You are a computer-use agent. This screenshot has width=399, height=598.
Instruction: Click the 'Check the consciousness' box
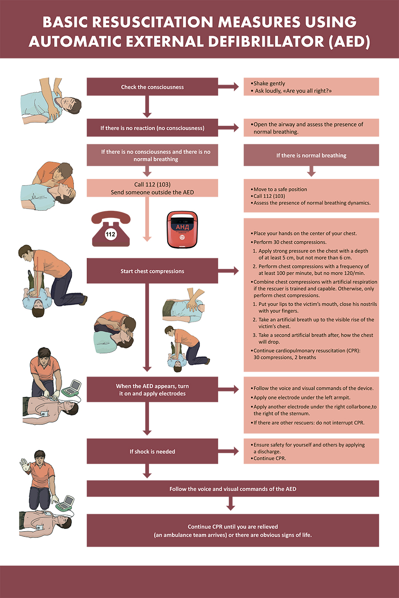click(x=152, y=87)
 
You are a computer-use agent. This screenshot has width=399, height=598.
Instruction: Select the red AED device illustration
click(x=182, y=229)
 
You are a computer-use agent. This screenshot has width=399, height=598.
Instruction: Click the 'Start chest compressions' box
click(x=152, y=271)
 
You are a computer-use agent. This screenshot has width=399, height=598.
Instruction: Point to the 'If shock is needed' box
click(x=152, y=451)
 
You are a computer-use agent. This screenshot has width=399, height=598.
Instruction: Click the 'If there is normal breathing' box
click(x=311, y=155)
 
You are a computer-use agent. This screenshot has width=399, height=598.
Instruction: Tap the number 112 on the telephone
click(x=110, y=234)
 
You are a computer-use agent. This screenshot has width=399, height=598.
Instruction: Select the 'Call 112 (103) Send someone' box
click(x=152, y=188)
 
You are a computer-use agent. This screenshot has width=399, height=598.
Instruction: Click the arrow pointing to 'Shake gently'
click(x=231, y=87)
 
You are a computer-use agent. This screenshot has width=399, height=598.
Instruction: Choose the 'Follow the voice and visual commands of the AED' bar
click(x=233, y=489)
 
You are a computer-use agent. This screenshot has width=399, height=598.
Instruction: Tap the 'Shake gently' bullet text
click(x=269, y=83)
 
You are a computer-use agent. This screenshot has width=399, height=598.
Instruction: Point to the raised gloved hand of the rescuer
click(x=24, y=464)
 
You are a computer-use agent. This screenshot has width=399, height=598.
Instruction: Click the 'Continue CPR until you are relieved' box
click(x=233, y=531)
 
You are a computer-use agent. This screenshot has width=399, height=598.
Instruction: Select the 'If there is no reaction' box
click(x=152, y=128)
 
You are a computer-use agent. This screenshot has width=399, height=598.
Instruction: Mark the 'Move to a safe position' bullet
click(x=280, y=189)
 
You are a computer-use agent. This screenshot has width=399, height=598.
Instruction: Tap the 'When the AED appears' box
click(x=152, y=390)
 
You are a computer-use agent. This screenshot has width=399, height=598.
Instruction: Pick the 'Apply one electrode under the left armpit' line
click(x=302, y=397)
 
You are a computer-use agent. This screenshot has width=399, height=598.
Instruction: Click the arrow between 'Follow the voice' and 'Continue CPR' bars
click(x=230, y=504)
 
